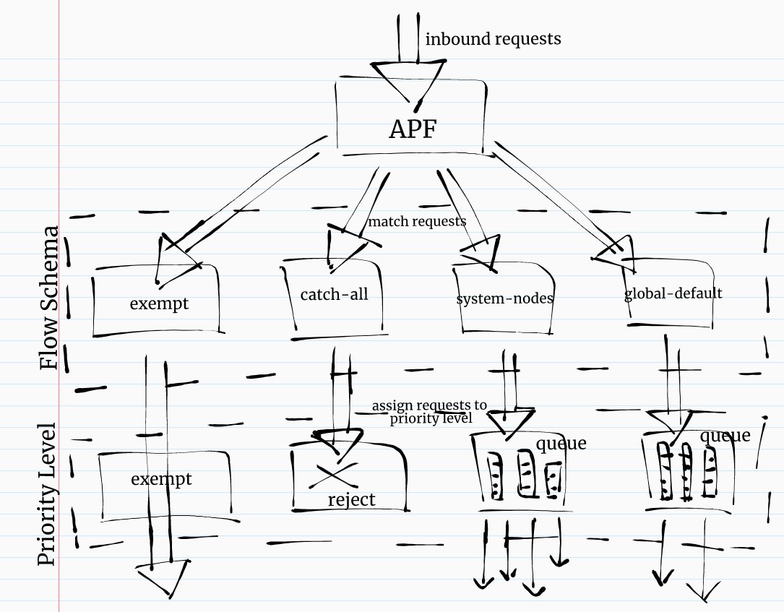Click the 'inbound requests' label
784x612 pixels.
[493, 39]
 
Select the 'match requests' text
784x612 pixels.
[417, 221]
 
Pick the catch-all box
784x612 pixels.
[338, 296]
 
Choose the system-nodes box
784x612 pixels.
[504, 298]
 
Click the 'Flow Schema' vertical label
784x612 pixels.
[50, 298]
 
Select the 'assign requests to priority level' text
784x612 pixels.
[430, 411]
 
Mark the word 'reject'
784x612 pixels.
[352, 500]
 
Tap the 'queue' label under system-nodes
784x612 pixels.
[561, 443]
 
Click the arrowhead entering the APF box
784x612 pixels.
[407, 79]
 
